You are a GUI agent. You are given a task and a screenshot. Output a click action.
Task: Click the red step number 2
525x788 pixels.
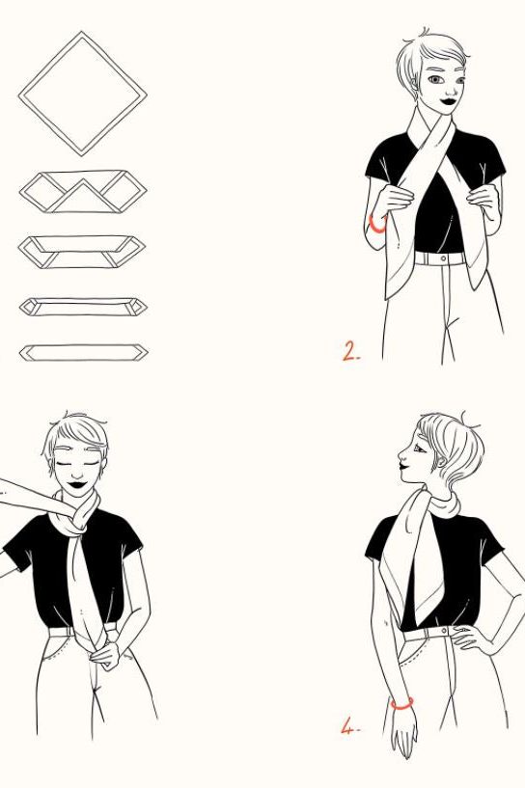point(351,351)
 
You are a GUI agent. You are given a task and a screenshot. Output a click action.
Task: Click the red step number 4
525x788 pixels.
point(350,726)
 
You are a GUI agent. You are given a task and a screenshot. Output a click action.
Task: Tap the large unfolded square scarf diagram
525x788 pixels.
point(82,94)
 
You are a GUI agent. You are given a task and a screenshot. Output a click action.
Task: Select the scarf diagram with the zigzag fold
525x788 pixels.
point(83,192)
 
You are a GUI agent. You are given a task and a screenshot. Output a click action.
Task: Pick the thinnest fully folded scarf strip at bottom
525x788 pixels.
point(83,353)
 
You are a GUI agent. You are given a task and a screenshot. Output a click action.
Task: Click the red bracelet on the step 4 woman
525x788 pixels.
point(401,703)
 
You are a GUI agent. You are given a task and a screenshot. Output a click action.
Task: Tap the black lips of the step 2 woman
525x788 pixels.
point(448,101)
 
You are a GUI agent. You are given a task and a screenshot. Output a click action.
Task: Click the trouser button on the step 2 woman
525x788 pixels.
point(443,258)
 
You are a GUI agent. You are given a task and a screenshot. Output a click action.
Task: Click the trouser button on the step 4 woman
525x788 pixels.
point(444,630)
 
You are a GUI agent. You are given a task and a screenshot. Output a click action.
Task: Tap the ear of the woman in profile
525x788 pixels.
point(442,461)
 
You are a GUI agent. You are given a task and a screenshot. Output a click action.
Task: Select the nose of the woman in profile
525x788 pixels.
point(401,455)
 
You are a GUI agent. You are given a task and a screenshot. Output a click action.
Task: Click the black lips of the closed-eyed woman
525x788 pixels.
point(77,485)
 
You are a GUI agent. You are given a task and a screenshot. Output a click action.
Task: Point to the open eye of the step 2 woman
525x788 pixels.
point(435,79)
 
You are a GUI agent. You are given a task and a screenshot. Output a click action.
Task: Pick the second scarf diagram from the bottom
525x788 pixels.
point(83,307)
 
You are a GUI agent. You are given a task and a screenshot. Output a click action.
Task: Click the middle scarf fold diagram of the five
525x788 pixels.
point(82,251)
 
